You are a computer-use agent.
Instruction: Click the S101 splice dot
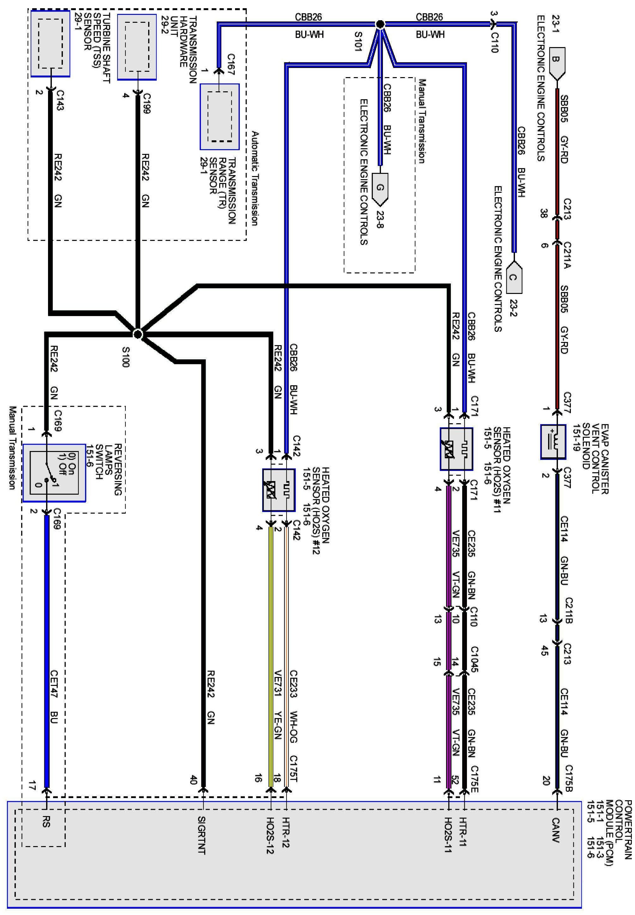coord(380,24)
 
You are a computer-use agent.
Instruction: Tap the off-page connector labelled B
coord(557,62)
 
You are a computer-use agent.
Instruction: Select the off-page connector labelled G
coord(380,188)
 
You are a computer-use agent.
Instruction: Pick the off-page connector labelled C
coord(514,278)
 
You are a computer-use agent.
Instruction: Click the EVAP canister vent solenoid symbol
coord(553,442)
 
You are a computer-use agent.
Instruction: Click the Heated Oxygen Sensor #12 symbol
coord(279,490)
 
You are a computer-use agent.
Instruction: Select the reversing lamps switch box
coord(54,473)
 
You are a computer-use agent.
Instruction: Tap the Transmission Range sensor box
coord(220,117)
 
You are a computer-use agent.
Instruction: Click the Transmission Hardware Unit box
coord(137,47)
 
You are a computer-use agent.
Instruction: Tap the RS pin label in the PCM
coord(46,822)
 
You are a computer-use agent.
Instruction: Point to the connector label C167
coord(231,64)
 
